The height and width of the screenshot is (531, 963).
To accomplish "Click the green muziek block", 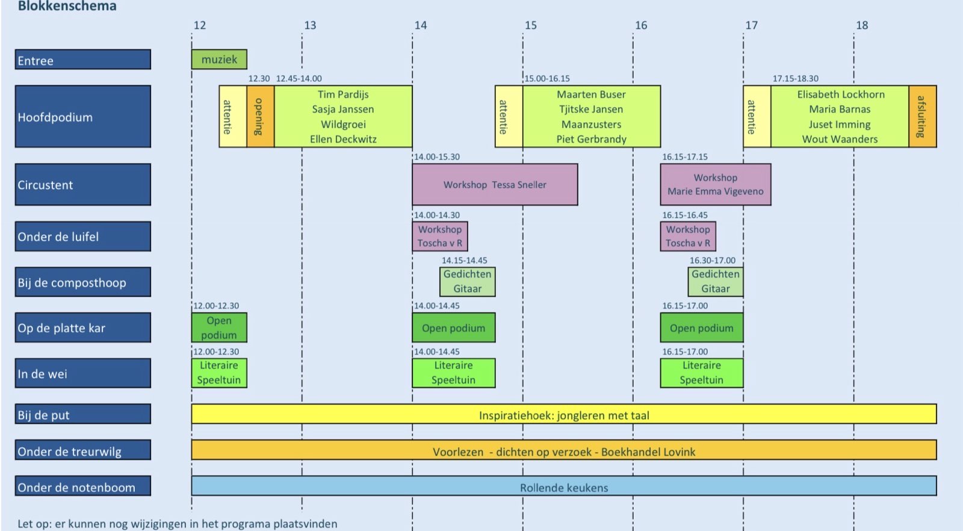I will [x=219, y=60].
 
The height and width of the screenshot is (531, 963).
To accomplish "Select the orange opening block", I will [x=260, y=116].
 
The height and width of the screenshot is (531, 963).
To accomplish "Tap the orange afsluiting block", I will [x=922, y=116].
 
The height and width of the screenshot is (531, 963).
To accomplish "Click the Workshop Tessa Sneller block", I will [x=495, y=185].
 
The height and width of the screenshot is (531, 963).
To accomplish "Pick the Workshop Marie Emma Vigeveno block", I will [x=715, y=185].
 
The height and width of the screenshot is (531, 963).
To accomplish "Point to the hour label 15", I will [x=530, y=25].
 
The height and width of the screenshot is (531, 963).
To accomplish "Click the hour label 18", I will [x=862, y=25].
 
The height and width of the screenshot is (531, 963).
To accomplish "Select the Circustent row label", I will [x=82, y=185].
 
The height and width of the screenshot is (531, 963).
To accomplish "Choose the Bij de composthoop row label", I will [x=82, y=282].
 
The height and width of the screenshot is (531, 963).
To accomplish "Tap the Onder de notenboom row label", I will [x=82, y=486].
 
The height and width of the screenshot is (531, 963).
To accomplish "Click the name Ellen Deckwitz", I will [x=343, y=139].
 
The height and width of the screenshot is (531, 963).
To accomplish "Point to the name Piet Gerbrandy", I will [x=591, y=139].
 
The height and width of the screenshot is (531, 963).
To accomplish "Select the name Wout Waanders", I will [x=840, y=139].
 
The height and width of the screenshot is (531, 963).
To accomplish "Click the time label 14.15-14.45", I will [x=464, y=261].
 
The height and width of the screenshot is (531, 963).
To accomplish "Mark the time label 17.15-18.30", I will [x=795, y=79].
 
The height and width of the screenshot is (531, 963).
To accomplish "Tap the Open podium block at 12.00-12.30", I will [x=219, y=328].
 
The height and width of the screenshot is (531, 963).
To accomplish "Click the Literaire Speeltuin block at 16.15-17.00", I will [x=701, y=373].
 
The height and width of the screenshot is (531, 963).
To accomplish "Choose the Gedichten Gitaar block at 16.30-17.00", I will [x=715, y=282].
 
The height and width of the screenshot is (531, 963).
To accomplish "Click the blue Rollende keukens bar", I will [x=563, y=486].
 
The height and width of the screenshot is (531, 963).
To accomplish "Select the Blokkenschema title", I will [x=67, y=7].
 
